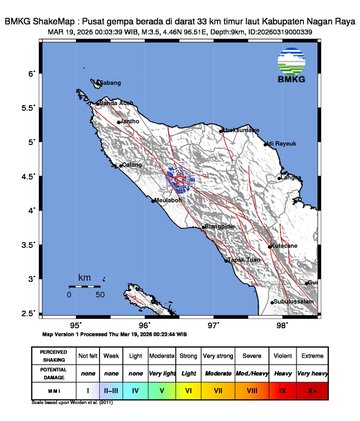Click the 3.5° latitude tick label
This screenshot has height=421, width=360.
click(x=31, y=244)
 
